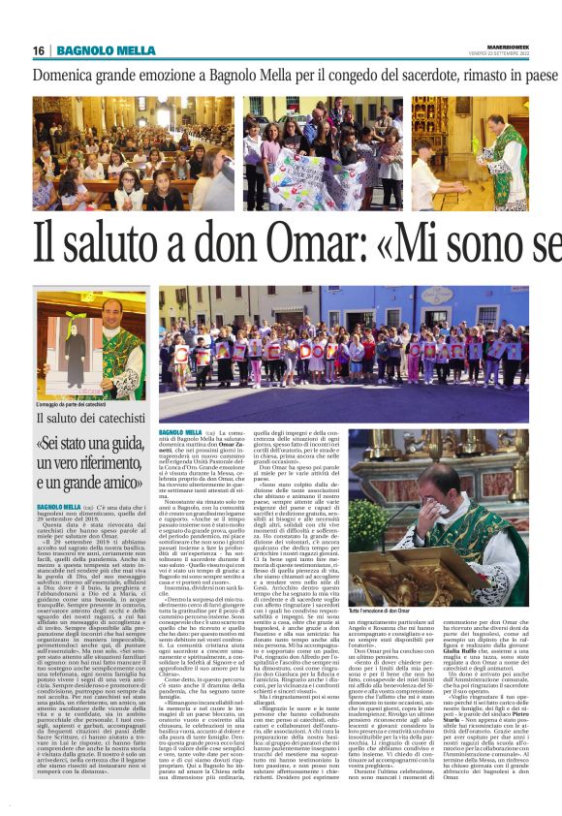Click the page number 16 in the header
point(38,50)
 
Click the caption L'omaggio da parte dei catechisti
point(78,405)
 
